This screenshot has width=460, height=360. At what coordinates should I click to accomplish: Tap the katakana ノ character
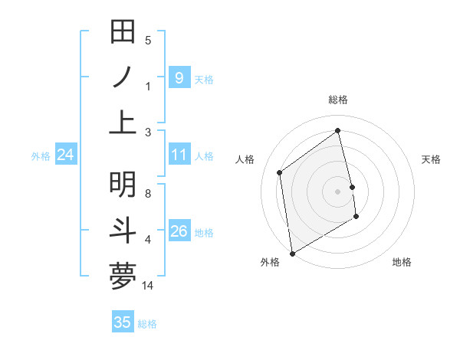(x=123, y=78)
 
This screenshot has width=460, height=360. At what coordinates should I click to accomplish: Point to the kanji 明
(x=123, y=185)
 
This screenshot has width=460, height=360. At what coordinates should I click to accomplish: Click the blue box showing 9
(x=179, y=78)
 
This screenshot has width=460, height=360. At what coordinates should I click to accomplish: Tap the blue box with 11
(x=179, y=155)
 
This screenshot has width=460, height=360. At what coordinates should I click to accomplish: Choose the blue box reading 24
(x=65, y=155)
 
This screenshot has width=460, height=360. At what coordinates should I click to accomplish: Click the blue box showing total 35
(x=122, y=322)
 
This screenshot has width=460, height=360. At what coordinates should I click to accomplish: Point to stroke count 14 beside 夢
(x=149, y=286)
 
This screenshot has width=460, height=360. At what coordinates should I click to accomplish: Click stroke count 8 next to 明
(x=148, y=194)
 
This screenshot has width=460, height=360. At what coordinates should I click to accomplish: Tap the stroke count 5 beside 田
(x=148, y=41)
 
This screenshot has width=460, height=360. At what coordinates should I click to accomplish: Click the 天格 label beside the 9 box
(x=204, y=80)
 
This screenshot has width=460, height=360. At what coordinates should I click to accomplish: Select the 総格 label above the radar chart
(x=338, y=99)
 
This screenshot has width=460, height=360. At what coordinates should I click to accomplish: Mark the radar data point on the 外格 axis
(x=292, y=253)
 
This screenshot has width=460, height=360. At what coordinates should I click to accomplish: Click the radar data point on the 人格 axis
(x=280, y=172)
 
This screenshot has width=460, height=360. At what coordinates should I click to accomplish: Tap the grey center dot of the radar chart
(x=338, y=191)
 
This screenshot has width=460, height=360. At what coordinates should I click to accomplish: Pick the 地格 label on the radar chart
(x=402, y=262)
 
